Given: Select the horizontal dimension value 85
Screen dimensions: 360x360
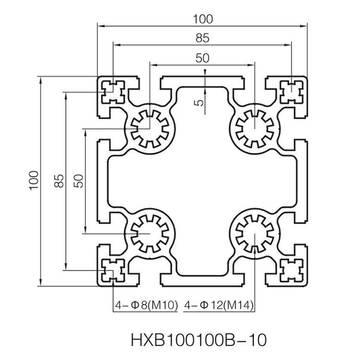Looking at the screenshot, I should [202, 37].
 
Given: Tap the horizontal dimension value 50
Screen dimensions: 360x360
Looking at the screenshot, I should [202, 58].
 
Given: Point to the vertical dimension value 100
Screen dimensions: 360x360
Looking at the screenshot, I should [33, 181].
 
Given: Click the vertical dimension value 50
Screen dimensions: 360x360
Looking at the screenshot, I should [79, 181].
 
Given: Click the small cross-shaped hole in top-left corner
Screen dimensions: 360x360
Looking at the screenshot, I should [113, 90].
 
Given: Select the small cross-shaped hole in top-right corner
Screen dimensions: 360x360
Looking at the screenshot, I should [292, 90].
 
